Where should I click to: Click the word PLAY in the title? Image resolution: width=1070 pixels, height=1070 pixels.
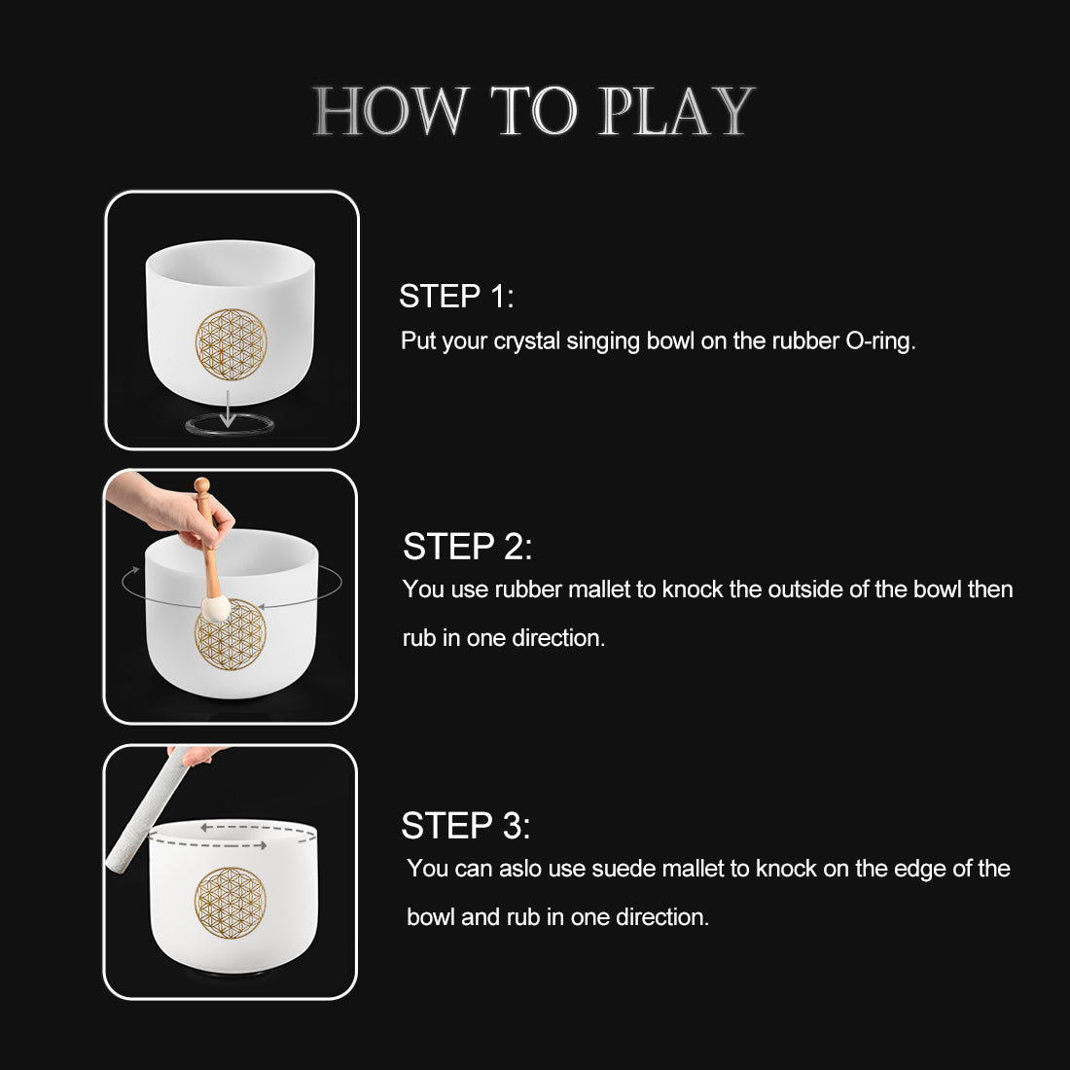tap(676, 111)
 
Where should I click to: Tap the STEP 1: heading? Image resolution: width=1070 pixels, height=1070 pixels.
tap(456, 297)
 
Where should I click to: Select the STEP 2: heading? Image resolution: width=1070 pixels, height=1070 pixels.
tap(467, 547)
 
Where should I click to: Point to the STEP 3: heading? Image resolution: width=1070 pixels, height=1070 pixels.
tap(465, 826)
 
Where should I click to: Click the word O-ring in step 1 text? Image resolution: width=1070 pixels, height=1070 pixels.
tap(880, 341)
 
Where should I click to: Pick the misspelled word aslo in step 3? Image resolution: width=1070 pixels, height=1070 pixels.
tap(519, 869)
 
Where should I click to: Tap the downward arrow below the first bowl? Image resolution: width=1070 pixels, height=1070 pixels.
tap(228, 409)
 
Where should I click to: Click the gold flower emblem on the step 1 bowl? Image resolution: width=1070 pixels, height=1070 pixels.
tap(231, 344)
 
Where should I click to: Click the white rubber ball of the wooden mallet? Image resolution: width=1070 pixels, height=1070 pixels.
tap(215, 609)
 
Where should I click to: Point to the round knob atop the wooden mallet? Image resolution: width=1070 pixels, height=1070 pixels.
tap(201, 484)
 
